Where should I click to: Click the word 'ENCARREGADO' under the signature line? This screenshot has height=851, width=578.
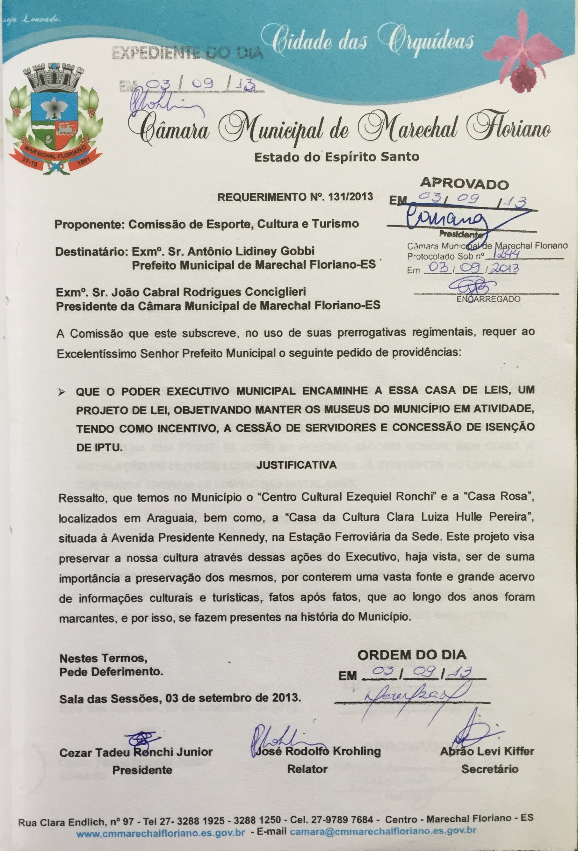[488, 299]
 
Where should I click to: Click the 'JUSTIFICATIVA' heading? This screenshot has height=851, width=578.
[297, 465]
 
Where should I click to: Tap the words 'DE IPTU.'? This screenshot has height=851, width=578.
[98, 449]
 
